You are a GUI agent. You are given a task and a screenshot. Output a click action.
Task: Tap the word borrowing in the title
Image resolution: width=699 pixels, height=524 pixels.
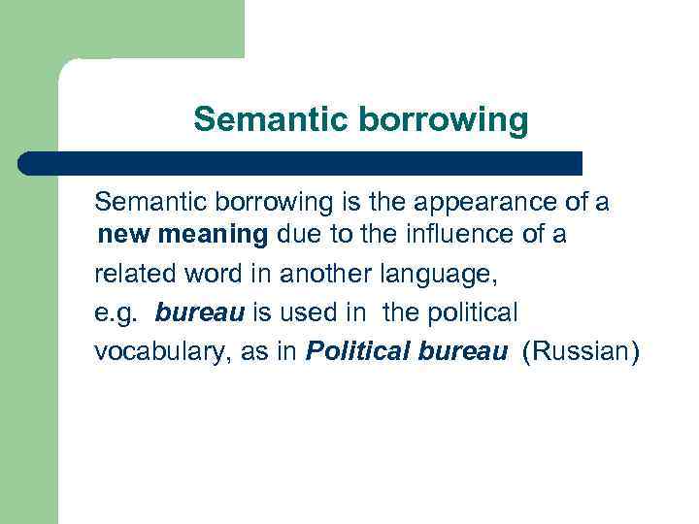(x=444, y=120)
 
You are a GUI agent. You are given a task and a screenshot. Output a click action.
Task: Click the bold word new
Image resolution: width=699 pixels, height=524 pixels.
(x=125, y=234)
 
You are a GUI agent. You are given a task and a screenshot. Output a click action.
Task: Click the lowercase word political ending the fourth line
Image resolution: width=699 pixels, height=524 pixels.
(x=470, y=313)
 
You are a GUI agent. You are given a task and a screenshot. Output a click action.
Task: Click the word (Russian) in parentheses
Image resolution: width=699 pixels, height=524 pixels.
(x=582, y=352)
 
